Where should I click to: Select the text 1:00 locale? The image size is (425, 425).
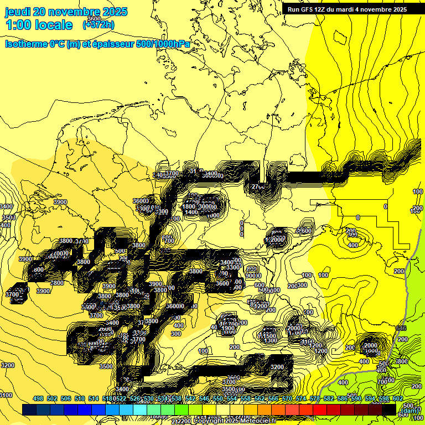[39, 25]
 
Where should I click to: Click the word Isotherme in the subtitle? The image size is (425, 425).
[26, 44]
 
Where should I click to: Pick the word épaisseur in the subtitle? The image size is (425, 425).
[111, 44]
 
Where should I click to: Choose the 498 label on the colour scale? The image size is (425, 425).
[38, 399]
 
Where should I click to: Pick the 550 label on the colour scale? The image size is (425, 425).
[218, 399]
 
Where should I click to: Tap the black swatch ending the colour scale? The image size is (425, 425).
[389, 410]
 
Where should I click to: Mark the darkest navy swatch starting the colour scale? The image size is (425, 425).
[29, 410]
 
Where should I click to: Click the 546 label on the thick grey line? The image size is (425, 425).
[402, 328]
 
